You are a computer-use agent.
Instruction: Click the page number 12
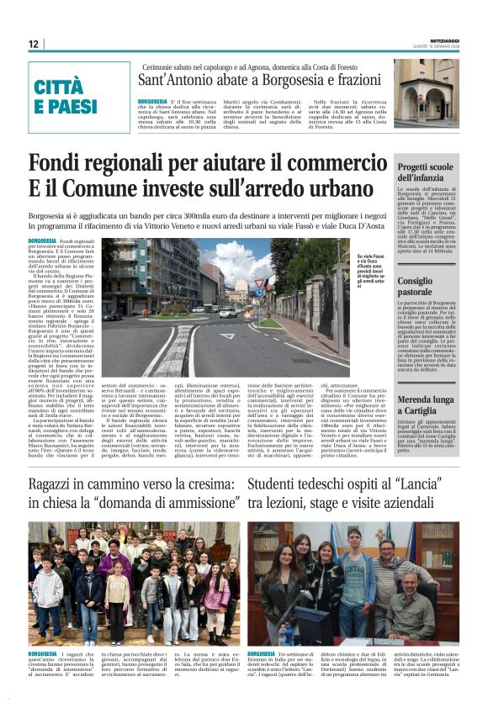(33, 44)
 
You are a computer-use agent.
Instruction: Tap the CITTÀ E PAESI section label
(66, 97)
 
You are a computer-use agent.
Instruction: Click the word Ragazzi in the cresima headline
(56, 484)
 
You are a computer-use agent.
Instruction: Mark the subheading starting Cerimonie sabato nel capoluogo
(250, 66)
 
